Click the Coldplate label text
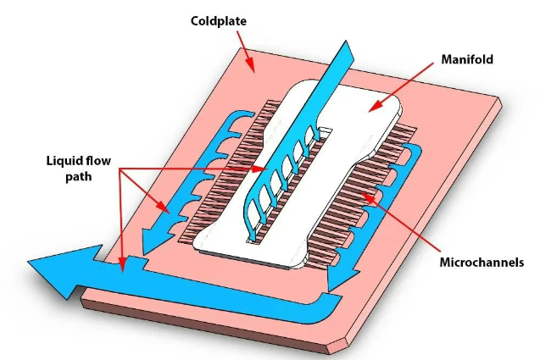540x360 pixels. click(219, 21)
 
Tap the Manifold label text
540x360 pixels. click(467, 59)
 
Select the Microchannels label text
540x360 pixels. click(482, 263)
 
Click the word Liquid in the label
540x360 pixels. click(64, 161)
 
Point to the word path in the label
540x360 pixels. click(79, 176)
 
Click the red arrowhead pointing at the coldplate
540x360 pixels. click(250, 65)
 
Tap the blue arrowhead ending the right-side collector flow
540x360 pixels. click(341, 279)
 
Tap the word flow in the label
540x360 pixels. click(98, 161)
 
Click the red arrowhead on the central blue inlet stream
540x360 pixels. click(260, 169)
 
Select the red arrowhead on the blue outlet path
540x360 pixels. click(121, 265)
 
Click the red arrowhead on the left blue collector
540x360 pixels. click(164, 208)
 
